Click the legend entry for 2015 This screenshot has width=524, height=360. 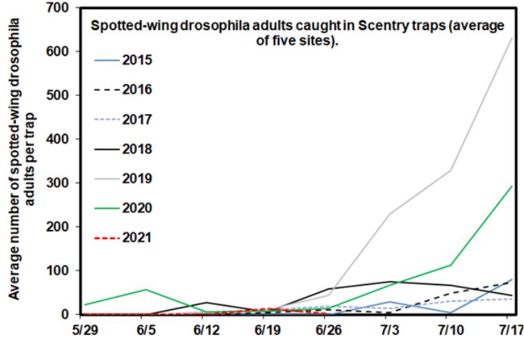(x=138, y=59)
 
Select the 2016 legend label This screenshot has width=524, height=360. (x=138, y=89)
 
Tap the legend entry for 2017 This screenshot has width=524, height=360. (x=138, y=120)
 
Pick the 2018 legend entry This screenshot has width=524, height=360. (x=138, y=149)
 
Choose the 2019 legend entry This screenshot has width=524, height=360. (x=138, y=179)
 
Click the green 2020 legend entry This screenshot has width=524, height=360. (x=138, y=208)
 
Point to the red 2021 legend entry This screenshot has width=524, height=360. (x=138, y=238)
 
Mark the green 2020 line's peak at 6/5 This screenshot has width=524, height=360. (x=145, y=289)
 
